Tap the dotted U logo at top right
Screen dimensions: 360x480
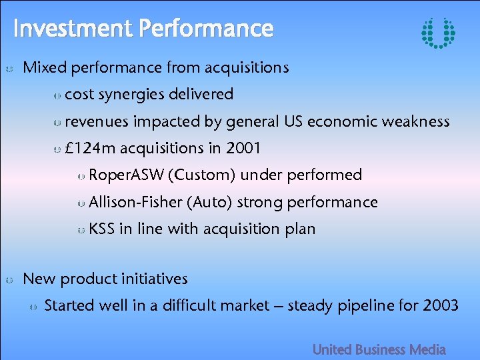pos(439,32)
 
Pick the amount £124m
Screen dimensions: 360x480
pos(90,148)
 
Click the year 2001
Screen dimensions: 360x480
pos(243,148)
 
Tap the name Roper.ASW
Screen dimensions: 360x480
pos(127,175)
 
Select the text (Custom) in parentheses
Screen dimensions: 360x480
pos(202,175)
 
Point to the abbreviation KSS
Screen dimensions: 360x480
pos(101,229)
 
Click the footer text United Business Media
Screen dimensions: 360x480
pos(379,349)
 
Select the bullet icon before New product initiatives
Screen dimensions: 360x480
pos(9,280)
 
